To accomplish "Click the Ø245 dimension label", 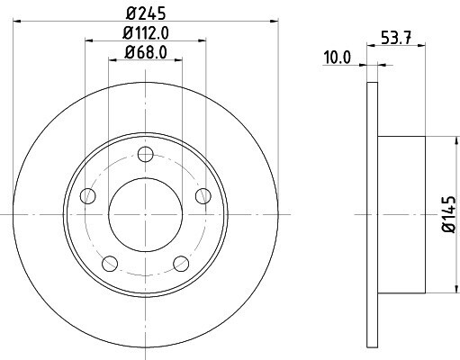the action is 146,13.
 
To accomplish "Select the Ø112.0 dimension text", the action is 146,33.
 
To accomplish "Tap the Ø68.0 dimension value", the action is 146,52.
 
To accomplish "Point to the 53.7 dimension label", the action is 396,38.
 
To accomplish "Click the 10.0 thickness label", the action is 337,58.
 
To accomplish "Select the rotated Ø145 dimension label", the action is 449,214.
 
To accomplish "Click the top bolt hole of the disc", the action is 146,155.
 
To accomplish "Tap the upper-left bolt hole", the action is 88,196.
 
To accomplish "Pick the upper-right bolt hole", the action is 203,196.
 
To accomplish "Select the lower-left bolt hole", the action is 110,264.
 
